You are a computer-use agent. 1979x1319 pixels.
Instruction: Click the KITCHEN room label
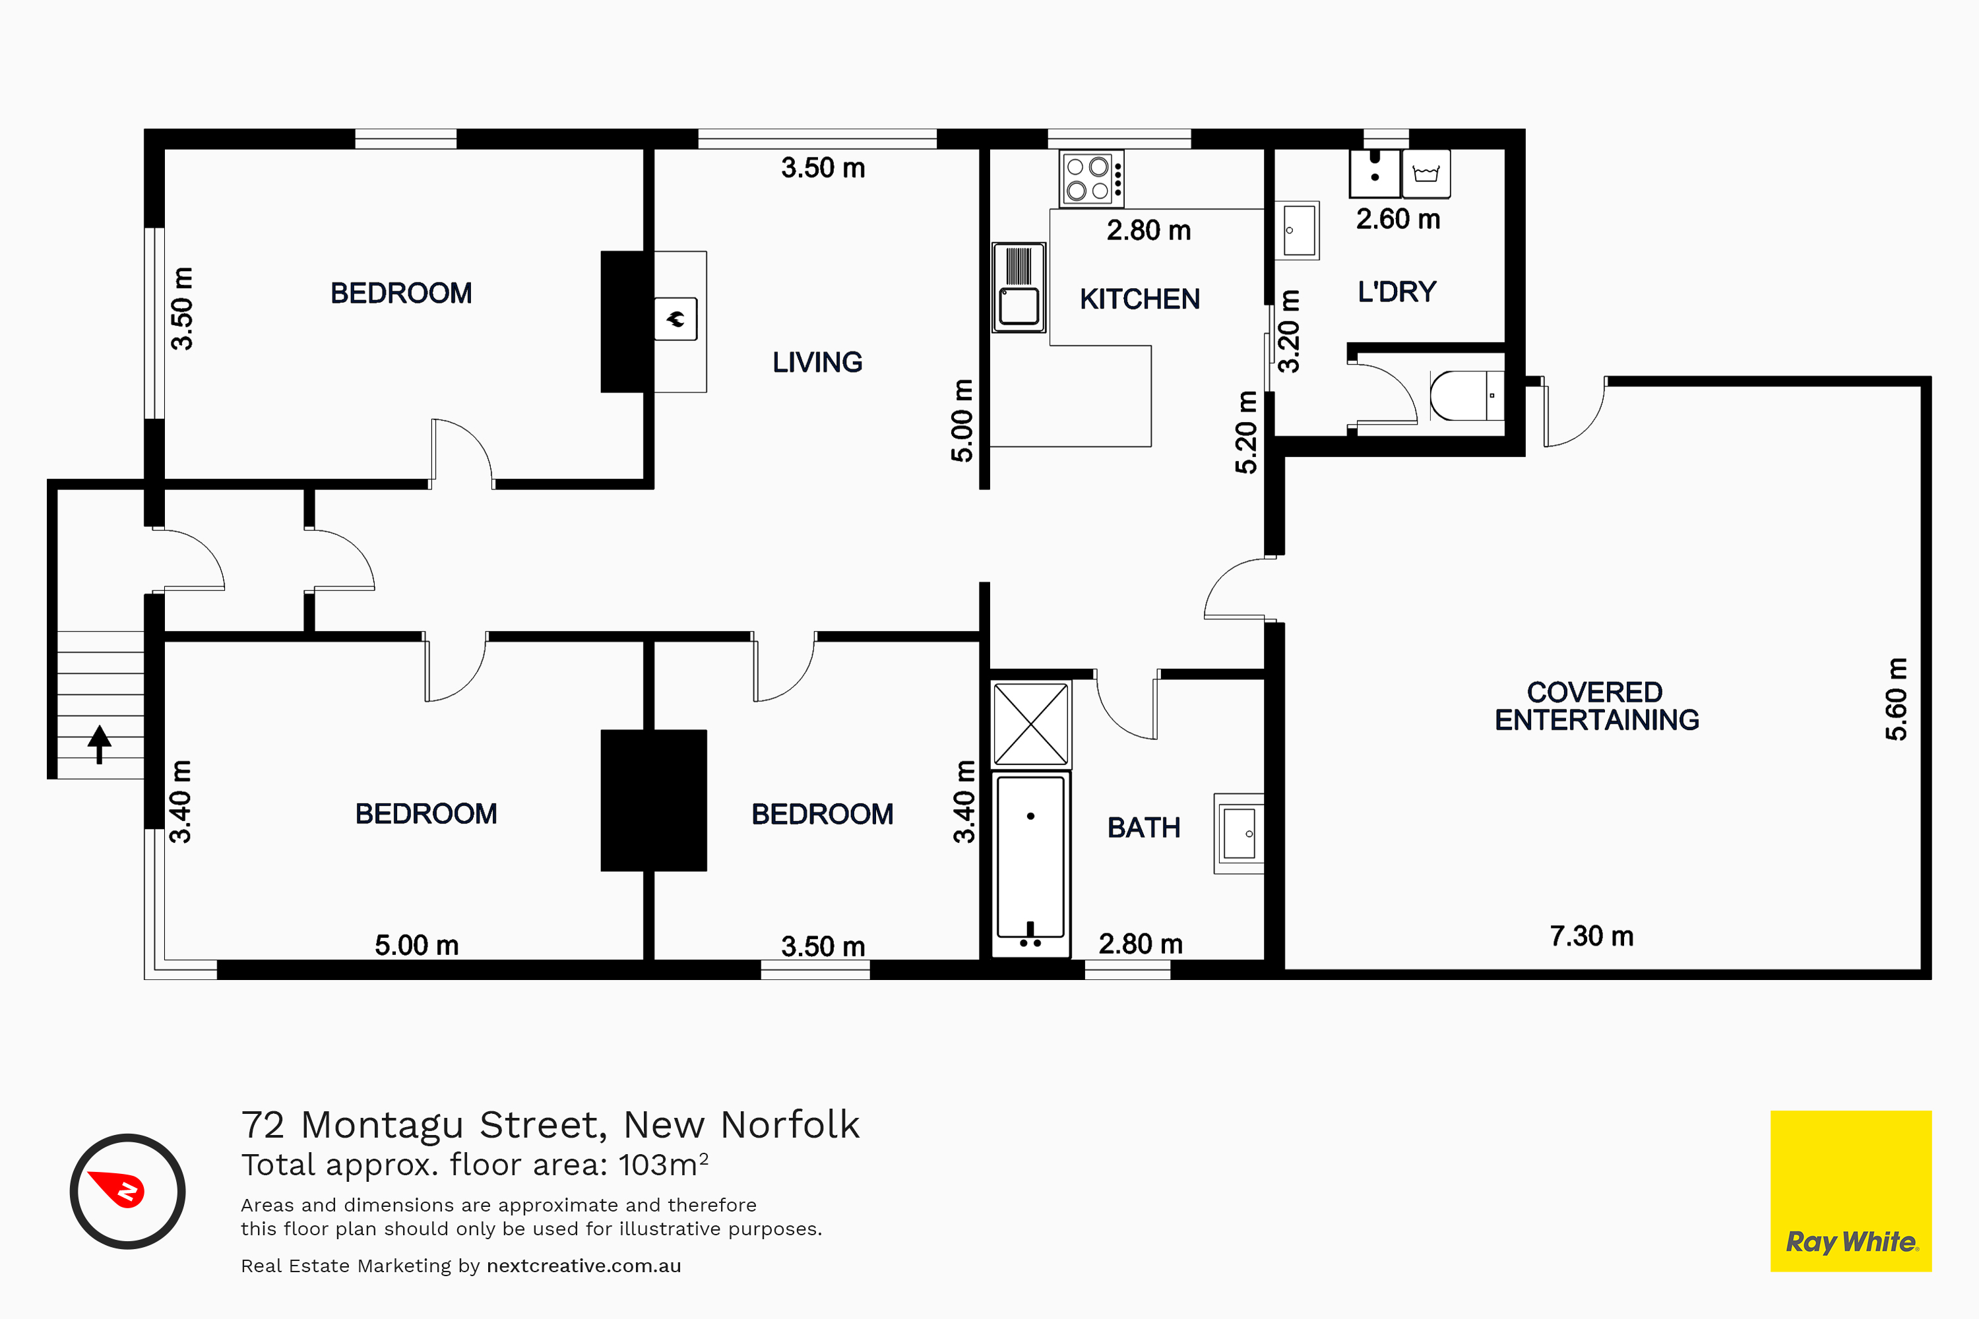coord(1139,299)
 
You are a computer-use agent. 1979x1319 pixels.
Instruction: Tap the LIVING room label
coord(817,363)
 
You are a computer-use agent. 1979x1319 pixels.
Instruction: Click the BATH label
coord(1143,828)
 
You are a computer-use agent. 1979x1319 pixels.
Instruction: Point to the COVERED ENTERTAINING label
coord(1596,706)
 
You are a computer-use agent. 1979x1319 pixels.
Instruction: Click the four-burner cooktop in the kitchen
coord(1091,178)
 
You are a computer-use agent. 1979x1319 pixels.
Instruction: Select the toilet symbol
coord(1466,395)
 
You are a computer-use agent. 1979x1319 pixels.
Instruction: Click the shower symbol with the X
coord(1030,723)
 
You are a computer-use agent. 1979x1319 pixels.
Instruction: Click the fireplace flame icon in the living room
coord(675,319)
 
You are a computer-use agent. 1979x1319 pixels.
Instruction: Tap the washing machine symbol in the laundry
coord(1426,174)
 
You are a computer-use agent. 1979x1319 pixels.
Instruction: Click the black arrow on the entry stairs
coord(100,745)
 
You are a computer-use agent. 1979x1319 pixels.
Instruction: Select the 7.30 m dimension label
coord(1591,936)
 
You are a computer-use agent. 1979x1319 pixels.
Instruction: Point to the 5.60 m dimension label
coord(1897,699)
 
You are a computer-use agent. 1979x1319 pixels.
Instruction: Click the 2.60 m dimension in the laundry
coord(1398,220)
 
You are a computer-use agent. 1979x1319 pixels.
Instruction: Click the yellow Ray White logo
coord(1851,1191)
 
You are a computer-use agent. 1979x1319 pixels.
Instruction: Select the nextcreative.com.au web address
coord(584,1266)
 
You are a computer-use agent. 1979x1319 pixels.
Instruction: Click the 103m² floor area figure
coord(663,1164)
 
